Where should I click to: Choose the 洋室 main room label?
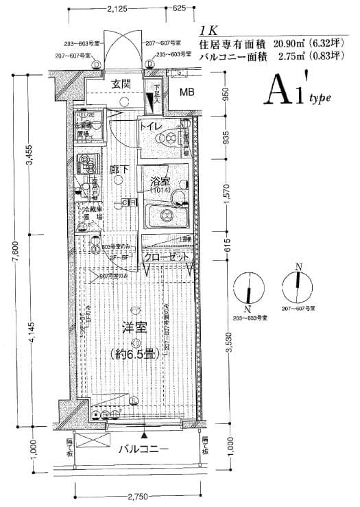134,328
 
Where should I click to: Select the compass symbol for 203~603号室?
249,287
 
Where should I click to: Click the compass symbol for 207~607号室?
298,285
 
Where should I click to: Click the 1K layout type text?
208,31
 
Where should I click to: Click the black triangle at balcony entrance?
143,434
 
